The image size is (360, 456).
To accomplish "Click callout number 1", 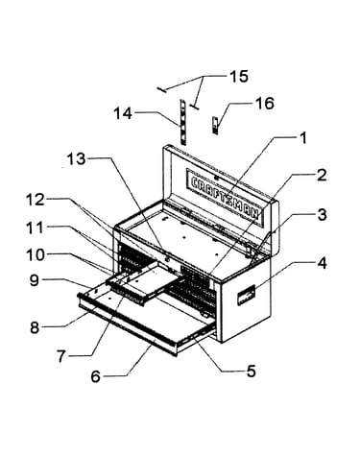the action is click(x=302, y=138).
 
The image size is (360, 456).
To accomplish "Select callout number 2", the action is click(x=321, y=175).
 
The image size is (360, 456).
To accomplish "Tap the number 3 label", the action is click(x=322, y=215).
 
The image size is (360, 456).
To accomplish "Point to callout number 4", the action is click(x=322, y=263).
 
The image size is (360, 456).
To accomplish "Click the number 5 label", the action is click(x=251, y=371).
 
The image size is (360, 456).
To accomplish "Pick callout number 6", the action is click(x=96, y=376).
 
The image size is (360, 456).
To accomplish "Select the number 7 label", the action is click(x=61, y=356).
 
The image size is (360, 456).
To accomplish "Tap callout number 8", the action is click(x=35, y=327).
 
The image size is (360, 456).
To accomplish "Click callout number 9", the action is click(x=35, y=280).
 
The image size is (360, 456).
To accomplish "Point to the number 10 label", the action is click(x=36, y=255).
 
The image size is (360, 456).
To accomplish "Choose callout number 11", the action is click(x=36, y=228).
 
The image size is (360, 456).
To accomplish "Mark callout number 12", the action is click(x=36, y=200).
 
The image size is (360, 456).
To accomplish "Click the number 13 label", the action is click(x=76, y=158).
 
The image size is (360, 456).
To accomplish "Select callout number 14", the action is click(x=123, y=113).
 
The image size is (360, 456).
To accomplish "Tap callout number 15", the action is click(x=238, y=77).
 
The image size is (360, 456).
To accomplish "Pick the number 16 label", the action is click(x=264, y=104).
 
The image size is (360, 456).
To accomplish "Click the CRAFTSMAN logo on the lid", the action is click(x=225, y=197).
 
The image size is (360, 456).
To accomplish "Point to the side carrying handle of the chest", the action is click(x=246, y=295).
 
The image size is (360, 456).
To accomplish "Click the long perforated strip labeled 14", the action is click(x=182, y=122).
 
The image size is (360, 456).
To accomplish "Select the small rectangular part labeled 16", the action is click(x=215, y=125).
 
